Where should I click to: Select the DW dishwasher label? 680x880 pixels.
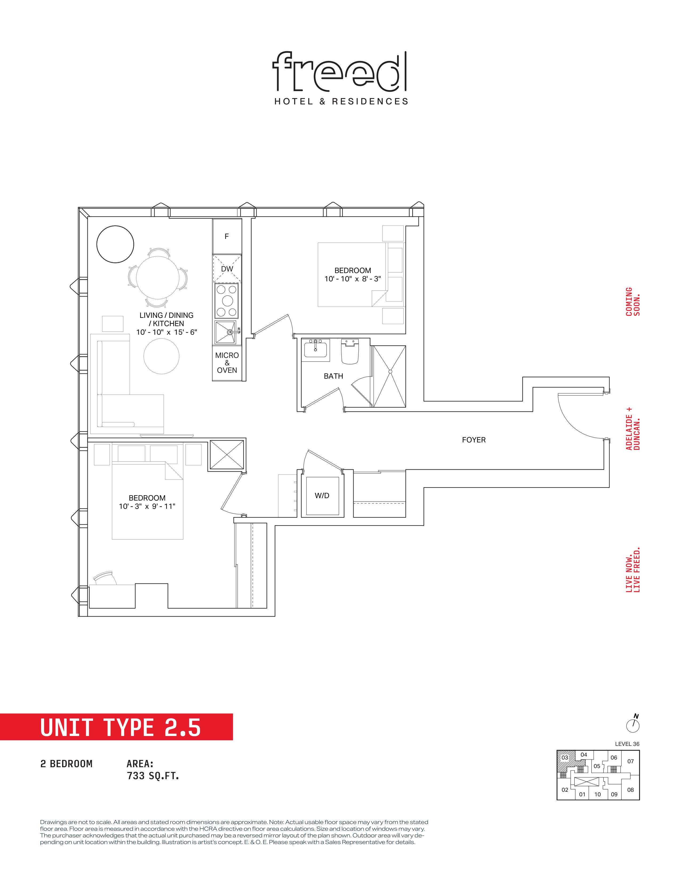click(227, 269)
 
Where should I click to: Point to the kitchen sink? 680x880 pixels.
click(227, 333)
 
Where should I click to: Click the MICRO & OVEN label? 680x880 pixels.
click(227, 363)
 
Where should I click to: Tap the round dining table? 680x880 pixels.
click(158, 278)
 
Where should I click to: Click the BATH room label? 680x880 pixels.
click(334, 376)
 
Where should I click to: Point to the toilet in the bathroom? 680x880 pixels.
click(350, 351)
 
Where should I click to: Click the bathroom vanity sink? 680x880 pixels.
click(317, 348)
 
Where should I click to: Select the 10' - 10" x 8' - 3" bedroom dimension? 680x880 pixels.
click(353, 279)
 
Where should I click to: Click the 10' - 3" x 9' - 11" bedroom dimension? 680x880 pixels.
click(147, 506)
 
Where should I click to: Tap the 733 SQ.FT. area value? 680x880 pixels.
click(153, 776)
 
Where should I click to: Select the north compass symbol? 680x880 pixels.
click(633, 724)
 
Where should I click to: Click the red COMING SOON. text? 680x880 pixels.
click(633, 301)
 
